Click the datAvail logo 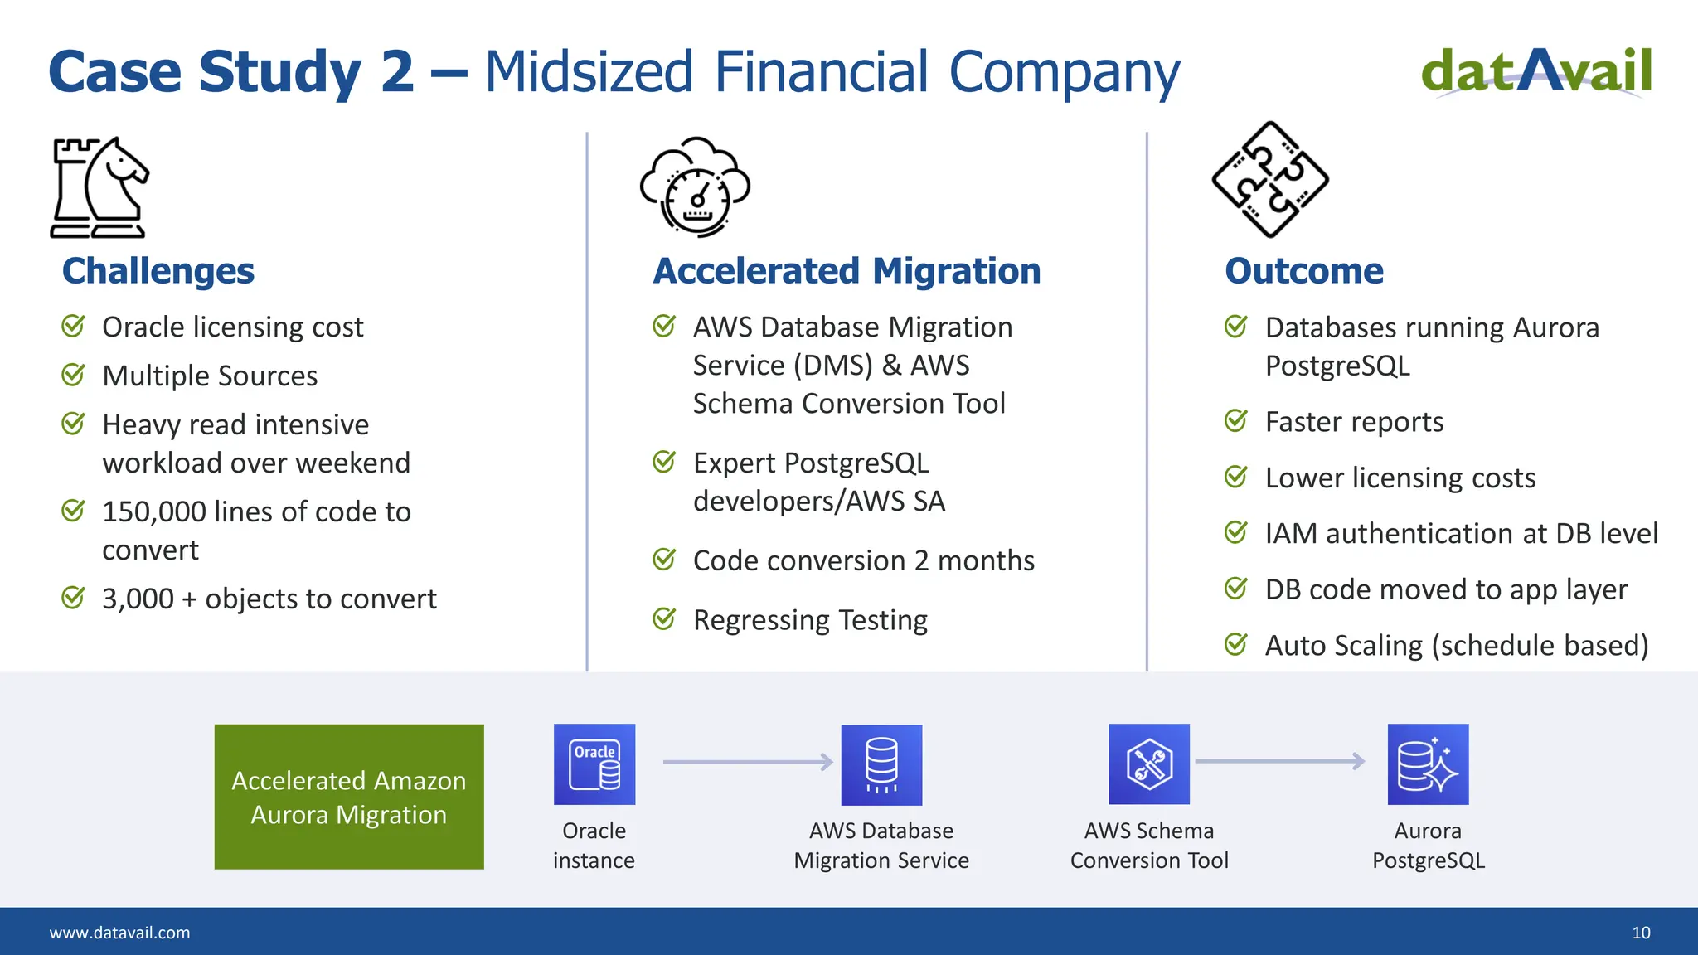[x=1536, y=72]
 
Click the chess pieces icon [x=99, y=188]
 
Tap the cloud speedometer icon [x=695, y=187]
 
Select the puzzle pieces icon [x=1270, y=179]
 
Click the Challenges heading [x=158, y=271]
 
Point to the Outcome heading [x=1304, y=271]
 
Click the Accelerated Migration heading [x=847, y=271]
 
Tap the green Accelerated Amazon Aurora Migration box [x=349, y=797]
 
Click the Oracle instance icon [x=594, y=764]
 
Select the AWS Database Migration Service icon [x=881, y=764]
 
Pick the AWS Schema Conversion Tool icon [x=1149, y=764]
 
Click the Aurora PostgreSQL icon [x=1428, y=764]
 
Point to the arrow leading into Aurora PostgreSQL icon [x=1279, y=761]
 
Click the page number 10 [x=1641, y=933]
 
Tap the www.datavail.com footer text [x=120, y=933]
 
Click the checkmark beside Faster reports [x=1236, y=421]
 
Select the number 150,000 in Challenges [x=154, y=512]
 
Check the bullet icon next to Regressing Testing [x=664, y=618]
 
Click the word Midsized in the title [x=589, y=72]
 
